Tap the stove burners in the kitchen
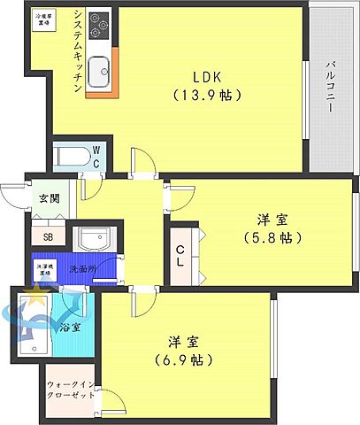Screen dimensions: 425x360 [98, 22]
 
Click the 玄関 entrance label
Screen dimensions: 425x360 [49, 198]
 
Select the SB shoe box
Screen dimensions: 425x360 [48, 236]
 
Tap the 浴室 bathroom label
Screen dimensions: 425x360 [71, 327]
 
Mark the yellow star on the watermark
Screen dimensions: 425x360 [36, 292]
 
